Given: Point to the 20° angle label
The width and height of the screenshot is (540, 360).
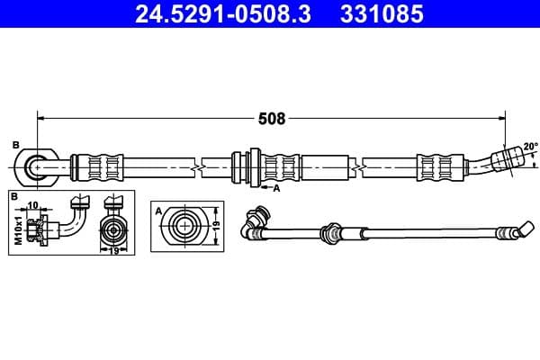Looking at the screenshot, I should [530, 146].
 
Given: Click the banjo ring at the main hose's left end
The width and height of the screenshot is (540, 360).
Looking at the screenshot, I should [35, 166].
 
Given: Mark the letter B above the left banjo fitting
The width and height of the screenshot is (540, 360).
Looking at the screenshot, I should [15, 145].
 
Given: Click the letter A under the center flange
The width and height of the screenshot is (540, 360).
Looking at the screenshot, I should [276, 188].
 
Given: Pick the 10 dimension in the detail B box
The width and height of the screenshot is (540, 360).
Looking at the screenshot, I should [32, 205].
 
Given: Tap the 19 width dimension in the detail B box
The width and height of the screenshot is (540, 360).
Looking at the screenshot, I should [114, 253].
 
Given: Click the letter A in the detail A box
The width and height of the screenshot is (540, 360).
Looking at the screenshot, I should [158, 211].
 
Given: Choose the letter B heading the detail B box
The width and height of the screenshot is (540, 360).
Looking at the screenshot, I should [14, 195].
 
